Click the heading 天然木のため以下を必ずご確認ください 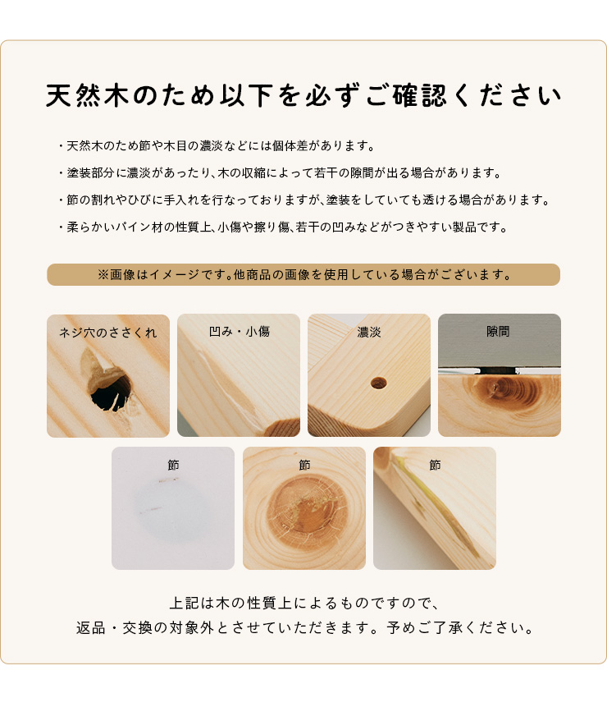pos(303,95)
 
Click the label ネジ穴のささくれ pos(108,333)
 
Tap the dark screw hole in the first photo pos(111,394)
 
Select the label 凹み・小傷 pos(239,332)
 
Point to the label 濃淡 pos(369,333)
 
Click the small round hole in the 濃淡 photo pos(378,383)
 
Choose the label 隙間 pos(498,332)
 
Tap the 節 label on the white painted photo pos(173,465)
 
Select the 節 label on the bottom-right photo pos(435,465)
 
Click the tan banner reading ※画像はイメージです pos(303,274)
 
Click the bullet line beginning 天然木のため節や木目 pos(217,146)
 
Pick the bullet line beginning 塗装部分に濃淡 pos(279,173)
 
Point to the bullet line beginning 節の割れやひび pos(304,200)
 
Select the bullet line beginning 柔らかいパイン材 pos(283,227)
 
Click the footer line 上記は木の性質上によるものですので pos(304,604)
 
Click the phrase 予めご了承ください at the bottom pos(459,628)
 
